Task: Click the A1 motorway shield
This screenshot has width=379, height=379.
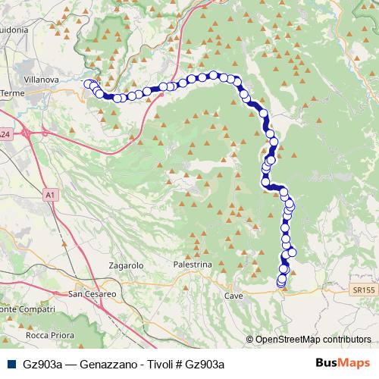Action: click(50, 196)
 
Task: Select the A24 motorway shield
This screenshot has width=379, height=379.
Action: click(5, 134)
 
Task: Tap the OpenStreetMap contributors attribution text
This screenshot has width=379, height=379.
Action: click(313, 340)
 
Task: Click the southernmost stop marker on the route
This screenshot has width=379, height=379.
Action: click(281, 283)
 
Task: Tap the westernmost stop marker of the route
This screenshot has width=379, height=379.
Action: click(88, 84)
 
